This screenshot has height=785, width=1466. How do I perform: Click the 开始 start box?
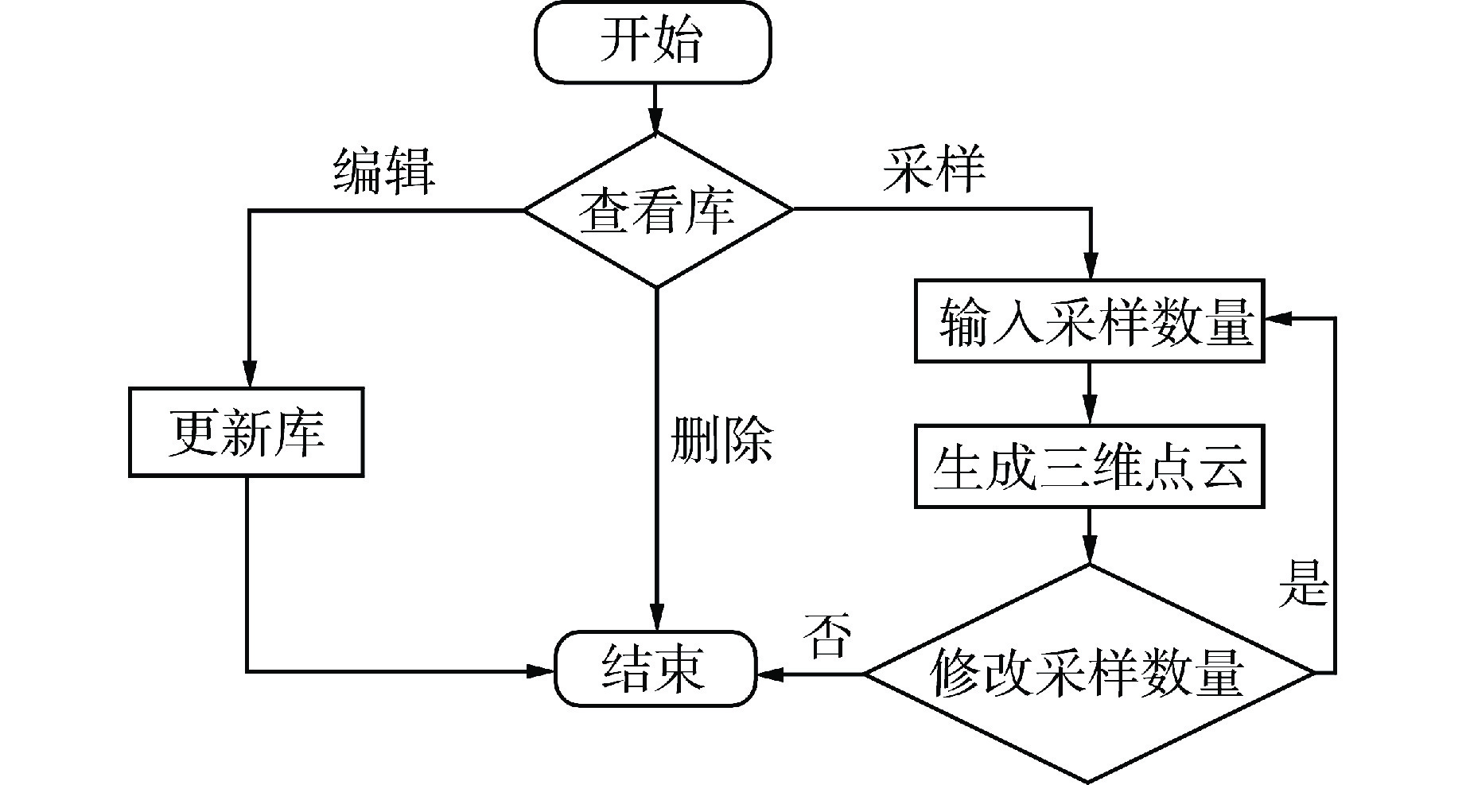[x=652, y=41]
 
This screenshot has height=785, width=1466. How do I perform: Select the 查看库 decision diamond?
[x=657, y=210]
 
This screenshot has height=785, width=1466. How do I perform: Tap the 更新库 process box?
[x=247, y=433]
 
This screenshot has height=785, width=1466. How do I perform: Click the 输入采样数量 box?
[x=1089, y=321]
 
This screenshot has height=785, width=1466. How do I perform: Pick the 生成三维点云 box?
[x=1089, y=466]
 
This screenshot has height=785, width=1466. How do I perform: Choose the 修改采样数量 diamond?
[x=1089, y=673]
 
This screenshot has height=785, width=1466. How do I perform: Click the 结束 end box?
[x=654, y=669]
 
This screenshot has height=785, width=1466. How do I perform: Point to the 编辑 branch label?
[x=384, y=170]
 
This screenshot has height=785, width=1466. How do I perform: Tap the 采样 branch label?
[x=934, y=169]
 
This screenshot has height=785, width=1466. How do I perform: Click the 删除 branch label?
[x=721, y=439]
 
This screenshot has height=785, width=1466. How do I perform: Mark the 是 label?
[x=1304, y=583]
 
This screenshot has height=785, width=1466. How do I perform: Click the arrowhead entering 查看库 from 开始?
[x=656, y=122]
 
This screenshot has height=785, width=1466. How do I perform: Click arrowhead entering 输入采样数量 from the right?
[x=1277, y=318]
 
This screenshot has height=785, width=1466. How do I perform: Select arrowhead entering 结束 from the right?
[x=768, y=673]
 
